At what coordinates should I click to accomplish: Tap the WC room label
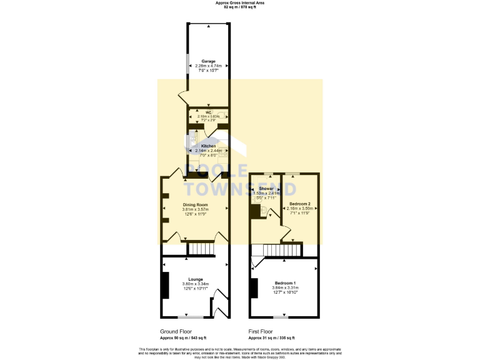point(209,112)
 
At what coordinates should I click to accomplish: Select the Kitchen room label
point(208,146)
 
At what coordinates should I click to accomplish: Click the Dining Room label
point(195,204)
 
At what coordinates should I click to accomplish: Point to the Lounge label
point(196,279)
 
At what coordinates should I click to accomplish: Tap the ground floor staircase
point(201,250)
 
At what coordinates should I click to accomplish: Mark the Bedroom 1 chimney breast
point(253,288)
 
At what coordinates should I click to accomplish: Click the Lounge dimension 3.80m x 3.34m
point(196,284)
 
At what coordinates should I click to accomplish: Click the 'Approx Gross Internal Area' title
point(240,3)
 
